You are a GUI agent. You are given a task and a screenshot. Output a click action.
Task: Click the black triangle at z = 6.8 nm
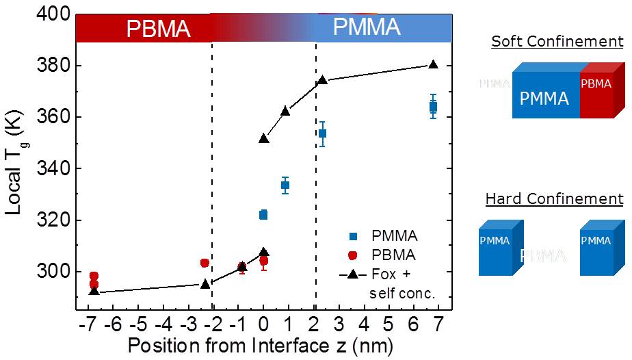click(433, 64)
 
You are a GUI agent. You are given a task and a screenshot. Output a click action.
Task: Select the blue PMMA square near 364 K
click(433, 106)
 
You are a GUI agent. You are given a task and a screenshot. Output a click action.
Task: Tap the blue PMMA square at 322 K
click(263, 215)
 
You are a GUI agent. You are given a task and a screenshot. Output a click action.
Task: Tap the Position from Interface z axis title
click(260, 344)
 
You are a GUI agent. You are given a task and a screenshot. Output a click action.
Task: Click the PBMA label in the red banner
click(158, 29)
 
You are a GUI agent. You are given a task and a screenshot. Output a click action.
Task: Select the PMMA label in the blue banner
click(366, 27)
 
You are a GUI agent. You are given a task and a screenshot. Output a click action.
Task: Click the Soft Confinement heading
click(557, 42)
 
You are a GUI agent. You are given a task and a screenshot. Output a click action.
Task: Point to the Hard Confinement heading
click(554, 199)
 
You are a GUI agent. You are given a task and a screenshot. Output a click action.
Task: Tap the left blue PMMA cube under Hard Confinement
click(498, 248)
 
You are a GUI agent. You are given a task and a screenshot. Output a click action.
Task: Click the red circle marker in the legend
click(353, 255)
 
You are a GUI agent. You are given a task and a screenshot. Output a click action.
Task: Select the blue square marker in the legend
click(353, 237)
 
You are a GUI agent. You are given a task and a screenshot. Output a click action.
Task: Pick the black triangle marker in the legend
click(353, 274)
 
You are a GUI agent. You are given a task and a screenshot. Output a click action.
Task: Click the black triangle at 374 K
click(321, 80)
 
